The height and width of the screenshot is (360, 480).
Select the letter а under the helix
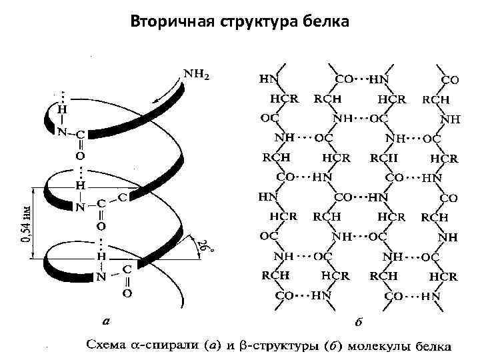tap(105, 321)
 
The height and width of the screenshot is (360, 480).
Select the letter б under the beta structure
tap(359, 323)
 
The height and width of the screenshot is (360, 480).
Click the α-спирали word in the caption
tap(168, 347)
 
